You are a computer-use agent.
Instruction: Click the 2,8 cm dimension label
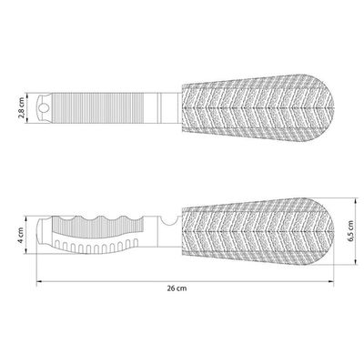pos(22,108)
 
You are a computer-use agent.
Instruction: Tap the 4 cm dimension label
pos(21,236)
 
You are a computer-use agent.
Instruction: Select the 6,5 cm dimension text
pos(351,231)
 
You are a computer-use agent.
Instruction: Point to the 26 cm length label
pos(177,288)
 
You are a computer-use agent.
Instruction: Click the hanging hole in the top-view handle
pos(45,107)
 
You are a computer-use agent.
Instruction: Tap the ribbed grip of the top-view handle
pos(97,108)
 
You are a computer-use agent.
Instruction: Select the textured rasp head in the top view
pos(258,108)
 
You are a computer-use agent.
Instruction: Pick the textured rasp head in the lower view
pos(258,232)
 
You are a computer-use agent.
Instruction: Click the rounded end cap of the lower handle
pos(41,230)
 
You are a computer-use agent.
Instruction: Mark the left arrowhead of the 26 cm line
pos(39,282)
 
